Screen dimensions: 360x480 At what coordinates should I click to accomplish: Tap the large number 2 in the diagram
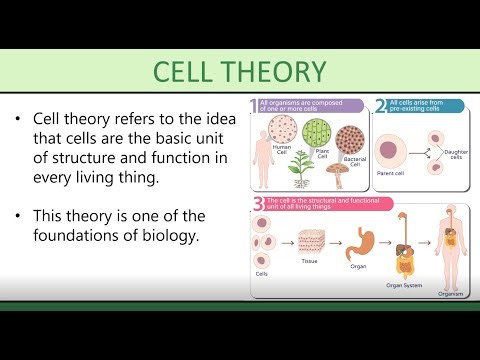(x=380, y=104)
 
